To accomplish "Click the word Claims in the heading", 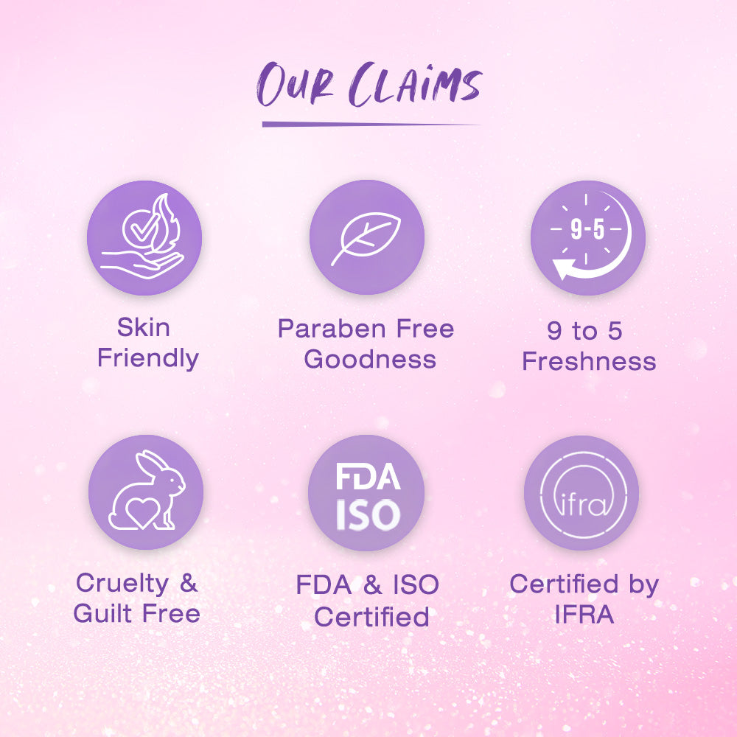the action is (416, 84).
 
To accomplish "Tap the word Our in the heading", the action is (296, 84).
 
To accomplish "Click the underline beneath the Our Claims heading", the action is (371, 124).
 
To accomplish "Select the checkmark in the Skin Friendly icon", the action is (144, 228).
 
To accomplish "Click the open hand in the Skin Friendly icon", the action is (142, 265).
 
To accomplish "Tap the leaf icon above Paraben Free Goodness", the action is (366, 238).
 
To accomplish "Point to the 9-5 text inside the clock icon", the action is (587, 229).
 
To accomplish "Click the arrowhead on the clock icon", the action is (563, 268).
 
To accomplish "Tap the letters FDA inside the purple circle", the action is (368, 477).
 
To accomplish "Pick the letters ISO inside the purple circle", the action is (368, 514).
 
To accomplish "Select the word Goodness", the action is (370, 359).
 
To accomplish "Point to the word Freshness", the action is (589, 361).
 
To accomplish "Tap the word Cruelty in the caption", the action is (122, 584).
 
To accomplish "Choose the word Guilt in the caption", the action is (102, 613).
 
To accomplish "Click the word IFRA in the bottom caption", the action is (584, 614).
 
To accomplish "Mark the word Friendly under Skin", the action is (148, 358).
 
